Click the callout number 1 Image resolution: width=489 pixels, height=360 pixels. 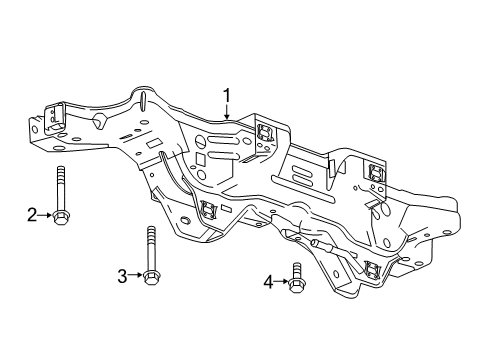pyautogui.click(x=227, y=96)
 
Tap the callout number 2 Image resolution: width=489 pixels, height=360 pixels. pyautogui.click(x=31, y=213)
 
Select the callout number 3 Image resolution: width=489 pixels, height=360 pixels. pyautogui.click(x=122, y=276)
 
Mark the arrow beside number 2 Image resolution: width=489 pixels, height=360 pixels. pyautogui.click(x=45, y=213)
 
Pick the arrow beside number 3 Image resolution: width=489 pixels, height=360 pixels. pyautogui.click(x=136, y=276)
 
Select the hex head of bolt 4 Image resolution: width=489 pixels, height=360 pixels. pyautogui.click(x=296, y=283)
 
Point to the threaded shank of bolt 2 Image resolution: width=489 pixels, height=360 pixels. pyautogui.click(x=60, y=185)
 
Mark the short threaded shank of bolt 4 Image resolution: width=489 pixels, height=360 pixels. pyautogui.click(x=296, y=268)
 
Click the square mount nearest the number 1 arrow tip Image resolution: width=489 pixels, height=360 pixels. pyautogui.click(x=267, y=134)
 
